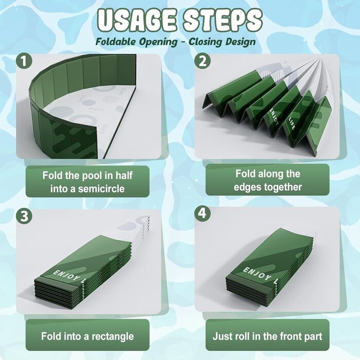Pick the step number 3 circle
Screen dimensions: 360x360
[x=24, y=216]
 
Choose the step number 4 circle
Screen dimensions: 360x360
[x=203, y=213]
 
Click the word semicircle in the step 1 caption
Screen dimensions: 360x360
[x=101, y=189]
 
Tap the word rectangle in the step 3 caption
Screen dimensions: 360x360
[x=113, y=336]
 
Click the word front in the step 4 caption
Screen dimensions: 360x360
[x=290, y=336]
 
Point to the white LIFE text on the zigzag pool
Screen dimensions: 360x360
[x=291, y=124]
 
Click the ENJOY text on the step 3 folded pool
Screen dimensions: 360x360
[x=66, y=276]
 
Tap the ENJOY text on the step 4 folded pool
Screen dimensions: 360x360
[x=257, y=274]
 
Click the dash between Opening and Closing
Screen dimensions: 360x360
[x=183, y=42]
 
